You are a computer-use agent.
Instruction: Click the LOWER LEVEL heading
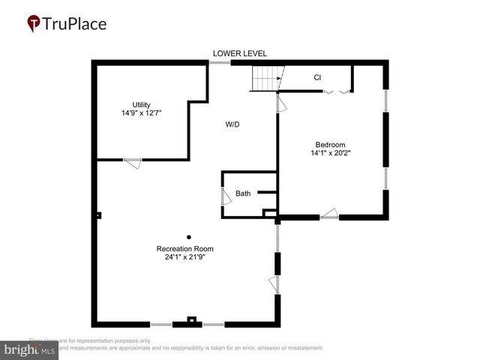(239, 53)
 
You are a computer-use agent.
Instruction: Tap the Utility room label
(141, 104)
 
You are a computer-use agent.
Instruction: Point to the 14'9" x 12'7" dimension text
(141, 113)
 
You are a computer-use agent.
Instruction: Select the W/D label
(232, 124)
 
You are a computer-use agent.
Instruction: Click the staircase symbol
(265, 77)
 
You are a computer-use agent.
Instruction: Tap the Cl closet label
(317, 77)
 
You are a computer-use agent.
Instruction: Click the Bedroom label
(330, 145)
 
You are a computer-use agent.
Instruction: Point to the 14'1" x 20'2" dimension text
(330, 154)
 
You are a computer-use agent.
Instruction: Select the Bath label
(243, 193)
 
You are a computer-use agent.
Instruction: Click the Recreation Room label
(184, 249)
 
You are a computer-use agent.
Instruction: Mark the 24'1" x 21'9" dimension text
(184, 258)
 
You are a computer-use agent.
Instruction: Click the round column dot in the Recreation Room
(189, 237)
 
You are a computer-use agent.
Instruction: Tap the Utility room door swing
(132, 163)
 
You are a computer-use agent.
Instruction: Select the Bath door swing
(225, 196)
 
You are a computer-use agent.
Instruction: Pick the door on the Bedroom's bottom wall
(329, 214)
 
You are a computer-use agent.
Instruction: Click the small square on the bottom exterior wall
(191, 320)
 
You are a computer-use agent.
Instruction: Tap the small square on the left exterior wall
(98, 216)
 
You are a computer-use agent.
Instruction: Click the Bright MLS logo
(29, 350)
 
